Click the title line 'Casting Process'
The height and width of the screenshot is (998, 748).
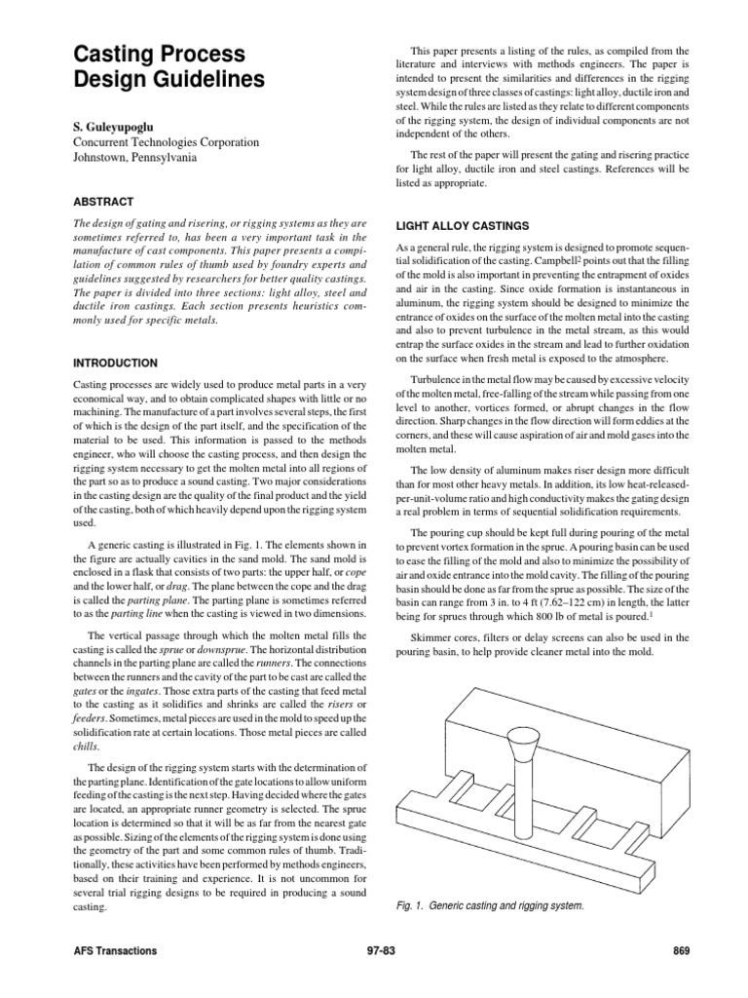[x=160, y=54]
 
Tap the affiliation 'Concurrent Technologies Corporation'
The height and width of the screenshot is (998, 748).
[x=167, y=141]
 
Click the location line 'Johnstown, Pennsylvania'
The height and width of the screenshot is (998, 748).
[x=135, y=157]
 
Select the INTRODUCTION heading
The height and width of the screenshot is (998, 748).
[x=116, y=363]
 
